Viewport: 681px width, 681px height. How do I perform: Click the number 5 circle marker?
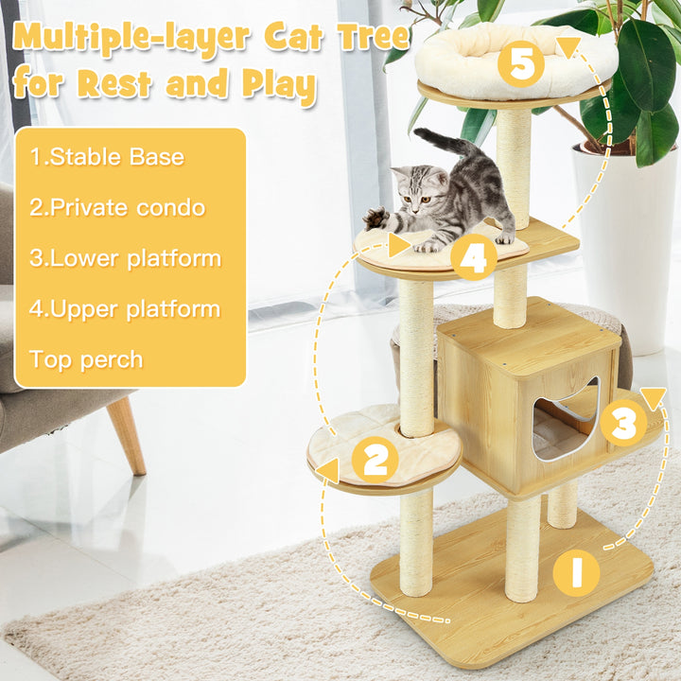pyautogui.click(x=521, y=64)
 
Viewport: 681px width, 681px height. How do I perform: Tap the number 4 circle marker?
pyautogui.click(x=474, y=257)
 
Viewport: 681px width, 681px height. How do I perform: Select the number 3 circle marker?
pyautogui.click(x=624, y=423)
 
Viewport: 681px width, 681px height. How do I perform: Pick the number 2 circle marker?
pyautogui.click(x=375, y=460)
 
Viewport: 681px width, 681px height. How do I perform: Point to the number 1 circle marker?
pyautogui.click(x=576, y=573)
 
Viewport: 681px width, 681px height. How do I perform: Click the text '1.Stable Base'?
pyautogui.click(x=107, y=157)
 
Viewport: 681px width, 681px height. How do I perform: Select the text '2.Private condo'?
pyautogui.click(x=117, y=207)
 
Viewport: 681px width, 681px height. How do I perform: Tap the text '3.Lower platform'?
pyautogui.click(x=126, y=259)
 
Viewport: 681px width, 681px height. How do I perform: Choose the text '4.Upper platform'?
pyautogui.click(x=125, y=309)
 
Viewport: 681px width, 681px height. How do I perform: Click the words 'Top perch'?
pyautogui.click(x=86, y=360)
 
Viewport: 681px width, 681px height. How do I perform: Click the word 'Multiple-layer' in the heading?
pyautogui.click(x=131, y=38)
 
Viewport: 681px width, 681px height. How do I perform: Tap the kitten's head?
pyautogui.click(x=415, y=189)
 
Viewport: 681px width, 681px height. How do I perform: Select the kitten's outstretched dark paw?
pyautogui.click(x=375, y=218)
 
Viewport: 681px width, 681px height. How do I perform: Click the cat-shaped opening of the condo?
pyautogui.click(x=567, y=420)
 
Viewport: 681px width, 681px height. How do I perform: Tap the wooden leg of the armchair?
pyautogui.click(x=127, y=435)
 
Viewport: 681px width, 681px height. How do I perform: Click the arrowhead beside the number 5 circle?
pyautogui.click(x=568, y=47)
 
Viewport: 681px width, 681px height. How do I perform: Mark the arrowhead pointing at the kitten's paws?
pyautogui.click(x=399, y=245)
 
